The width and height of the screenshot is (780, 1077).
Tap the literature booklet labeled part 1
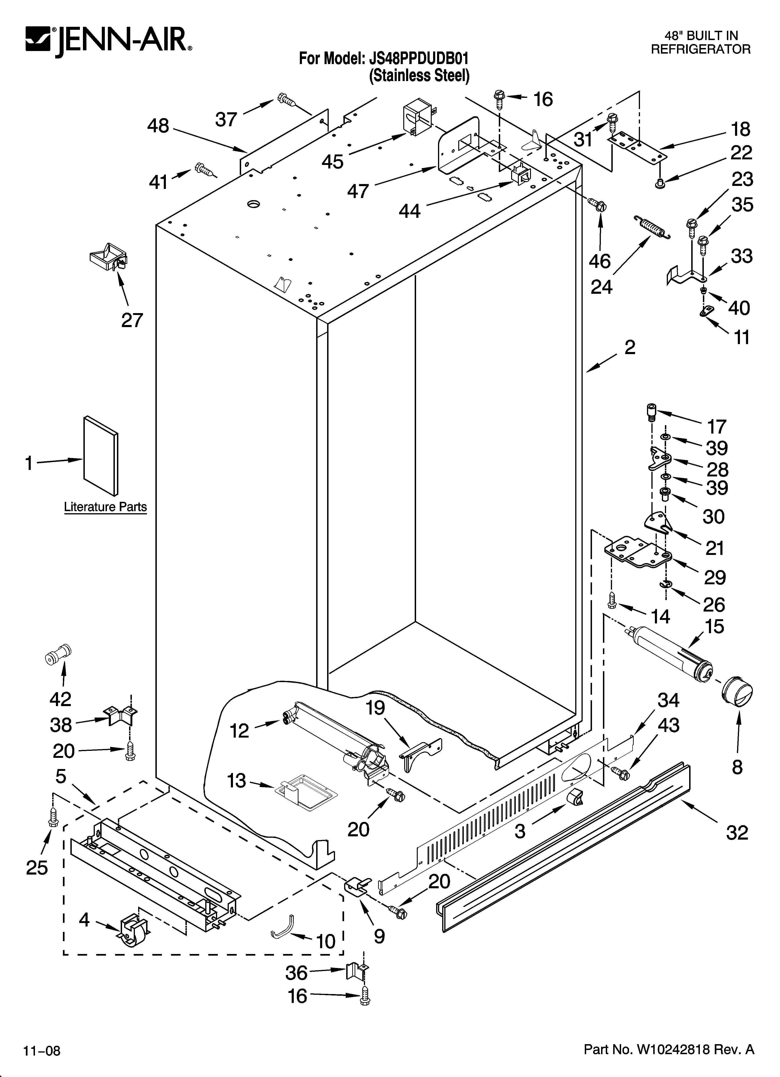[101, 455]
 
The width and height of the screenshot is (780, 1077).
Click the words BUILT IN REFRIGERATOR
[700, 42]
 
